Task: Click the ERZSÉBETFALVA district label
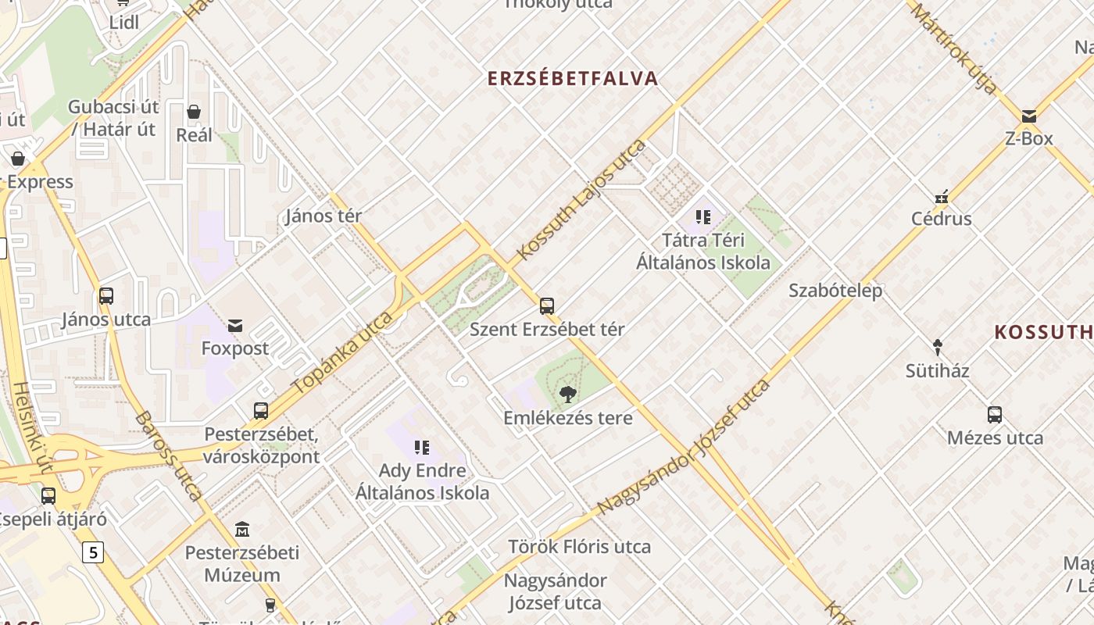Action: point(573,79)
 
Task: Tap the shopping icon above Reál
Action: point(194,112)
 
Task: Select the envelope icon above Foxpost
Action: point(234,326)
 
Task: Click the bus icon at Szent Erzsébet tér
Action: point(547,306)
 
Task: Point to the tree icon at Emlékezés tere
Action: point(568,394)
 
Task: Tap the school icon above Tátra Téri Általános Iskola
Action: point(703,217)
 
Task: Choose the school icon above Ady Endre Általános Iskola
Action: point(422,448)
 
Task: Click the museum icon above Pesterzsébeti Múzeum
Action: point(242,530)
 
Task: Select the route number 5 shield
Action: point(94,553)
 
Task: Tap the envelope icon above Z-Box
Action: point(1029,116)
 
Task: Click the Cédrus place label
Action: point(942,219)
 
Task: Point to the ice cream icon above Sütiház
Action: point(938,347)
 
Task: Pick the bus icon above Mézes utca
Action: point(995,415)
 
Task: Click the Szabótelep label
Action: point(835,291)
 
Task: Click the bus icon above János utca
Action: point(106,296)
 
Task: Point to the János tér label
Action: point(324,216)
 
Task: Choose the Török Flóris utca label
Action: point(579,547)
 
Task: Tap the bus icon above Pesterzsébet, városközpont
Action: point(261,411)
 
